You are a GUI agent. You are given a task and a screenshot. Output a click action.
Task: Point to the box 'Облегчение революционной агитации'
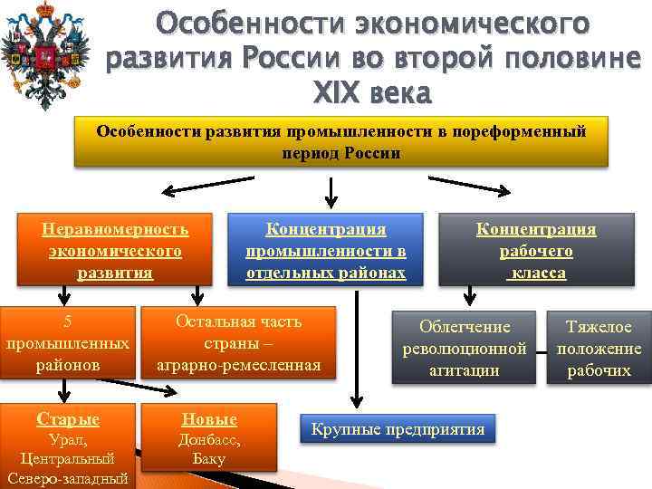465,347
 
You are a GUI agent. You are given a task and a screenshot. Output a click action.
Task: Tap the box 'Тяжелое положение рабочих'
599,347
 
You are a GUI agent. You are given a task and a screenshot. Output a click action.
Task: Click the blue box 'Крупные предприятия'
398,429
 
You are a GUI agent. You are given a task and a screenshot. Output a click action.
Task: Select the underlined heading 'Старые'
68,419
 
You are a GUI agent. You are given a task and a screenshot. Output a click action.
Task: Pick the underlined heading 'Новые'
209,419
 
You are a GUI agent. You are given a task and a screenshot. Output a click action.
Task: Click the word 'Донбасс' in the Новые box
209,439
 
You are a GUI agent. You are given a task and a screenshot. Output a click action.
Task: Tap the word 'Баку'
209,458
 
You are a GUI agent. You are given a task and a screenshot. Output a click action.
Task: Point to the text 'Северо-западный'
68,478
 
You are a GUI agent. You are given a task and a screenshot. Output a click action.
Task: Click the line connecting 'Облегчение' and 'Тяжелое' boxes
540,349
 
